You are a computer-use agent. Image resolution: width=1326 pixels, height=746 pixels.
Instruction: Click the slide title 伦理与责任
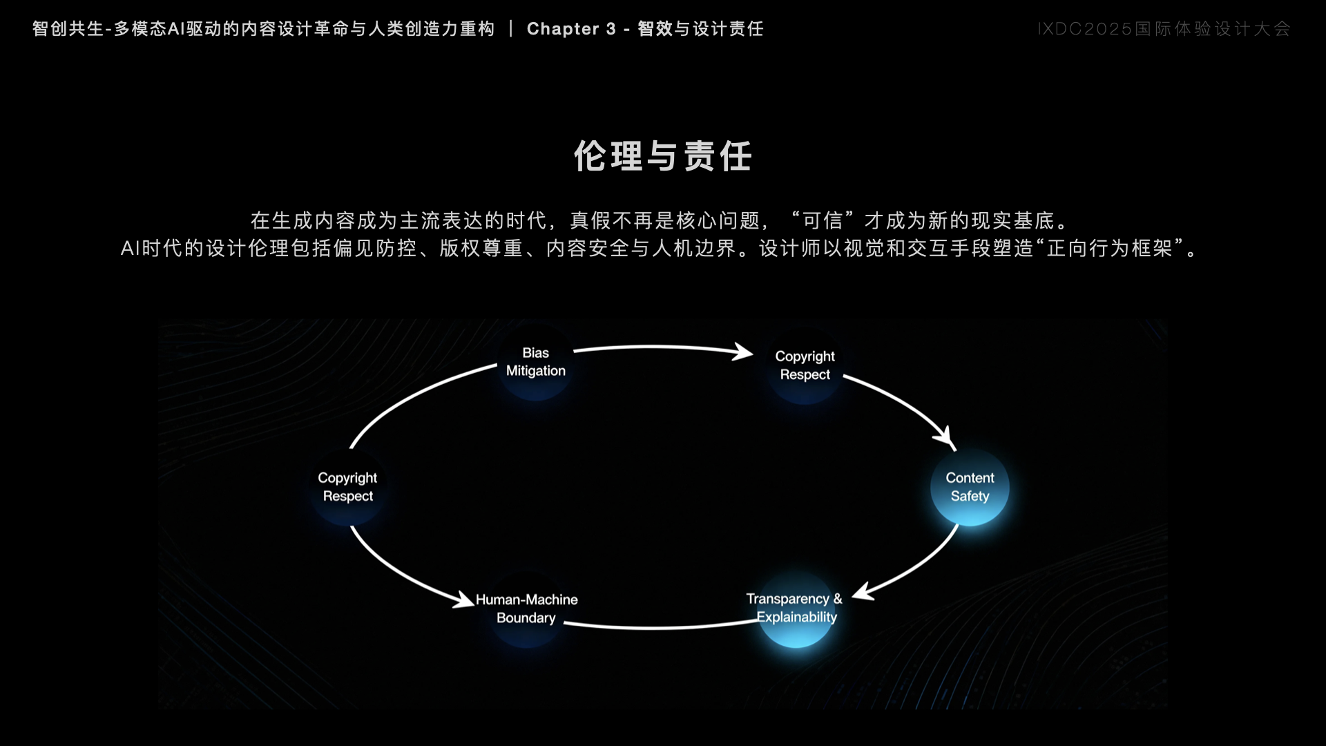(x=663, y=156)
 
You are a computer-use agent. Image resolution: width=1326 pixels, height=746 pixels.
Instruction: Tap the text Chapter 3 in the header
(x=571, y=29)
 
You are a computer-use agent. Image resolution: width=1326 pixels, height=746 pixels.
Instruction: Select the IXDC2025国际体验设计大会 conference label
(x=1164, y=29)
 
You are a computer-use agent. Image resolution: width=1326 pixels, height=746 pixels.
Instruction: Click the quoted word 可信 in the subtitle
(x=823, y=220)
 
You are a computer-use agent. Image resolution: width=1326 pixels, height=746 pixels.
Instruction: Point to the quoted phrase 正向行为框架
(x=1110, y=248)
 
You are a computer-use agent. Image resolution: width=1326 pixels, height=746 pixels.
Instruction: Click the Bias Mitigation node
(x=536, y=362)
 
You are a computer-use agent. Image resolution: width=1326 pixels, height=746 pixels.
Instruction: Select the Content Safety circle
(x=970, y=487)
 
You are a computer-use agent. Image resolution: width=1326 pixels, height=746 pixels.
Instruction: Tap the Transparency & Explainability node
(x=796, y=609)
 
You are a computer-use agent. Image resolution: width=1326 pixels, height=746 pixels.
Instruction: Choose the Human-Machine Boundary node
(x=527, y=609)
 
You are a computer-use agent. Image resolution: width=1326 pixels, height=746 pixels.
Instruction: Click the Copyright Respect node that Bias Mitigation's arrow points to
(x=805, y=365)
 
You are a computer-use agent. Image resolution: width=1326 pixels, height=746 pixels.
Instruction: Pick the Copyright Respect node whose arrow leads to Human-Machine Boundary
(x=347, y=487)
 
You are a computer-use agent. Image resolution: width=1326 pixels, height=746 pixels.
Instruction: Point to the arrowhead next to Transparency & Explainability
(x=863, y=592)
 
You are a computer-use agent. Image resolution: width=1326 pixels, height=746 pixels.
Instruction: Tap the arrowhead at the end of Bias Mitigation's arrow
(x=743, y=352)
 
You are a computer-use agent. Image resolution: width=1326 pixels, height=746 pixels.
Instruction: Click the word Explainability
(x=797, y=618)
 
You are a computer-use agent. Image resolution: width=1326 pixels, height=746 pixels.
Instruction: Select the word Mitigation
(x=536, y=371)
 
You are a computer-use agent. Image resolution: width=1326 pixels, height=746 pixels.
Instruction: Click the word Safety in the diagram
(x=970, y=497)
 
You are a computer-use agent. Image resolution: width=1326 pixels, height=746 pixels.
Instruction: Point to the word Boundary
(x=526, y=618)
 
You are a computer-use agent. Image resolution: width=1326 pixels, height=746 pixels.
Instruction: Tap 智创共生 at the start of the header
(x=68, y=29)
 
